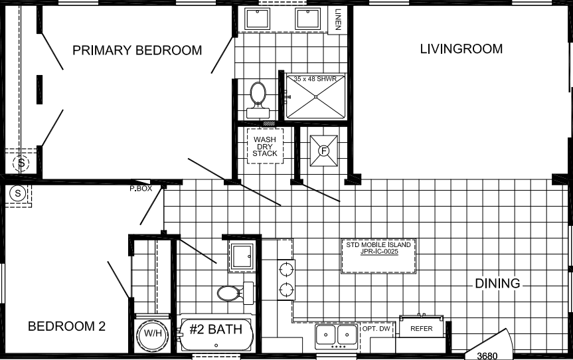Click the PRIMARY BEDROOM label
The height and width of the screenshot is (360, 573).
[137, 50]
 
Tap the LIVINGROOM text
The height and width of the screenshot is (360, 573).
[461, 49]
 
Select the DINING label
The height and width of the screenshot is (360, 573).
[497, 284]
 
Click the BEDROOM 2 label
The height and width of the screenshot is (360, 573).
[66, 326]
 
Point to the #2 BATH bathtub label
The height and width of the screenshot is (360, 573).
[216, 330]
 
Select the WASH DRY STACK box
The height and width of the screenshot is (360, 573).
[265, 145]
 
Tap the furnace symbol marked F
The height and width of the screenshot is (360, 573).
[325, 151]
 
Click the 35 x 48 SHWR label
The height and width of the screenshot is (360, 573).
[316, 79]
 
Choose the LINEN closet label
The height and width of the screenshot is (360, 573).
[338, 20]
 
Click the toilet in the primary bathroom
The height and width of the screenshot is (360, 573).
[257, 94]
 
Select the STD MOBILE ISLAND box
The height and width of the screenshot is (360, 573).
[378, 248]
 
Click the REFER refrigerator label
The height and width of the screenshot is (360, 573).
[422, 328]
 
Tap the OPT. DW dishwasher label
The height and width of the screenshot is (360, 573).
[376, 328]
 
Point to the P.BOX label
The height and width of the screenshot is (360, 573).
[141, 189]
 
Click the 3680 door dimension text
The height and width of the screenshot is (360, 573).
[487, 355]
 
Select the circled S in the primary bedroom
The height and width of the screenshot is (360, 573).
[22, 163]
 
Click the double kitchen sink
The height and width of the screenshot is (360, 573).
[336, 333]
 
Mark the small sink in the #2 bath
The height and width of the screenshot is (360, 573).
[240, 256]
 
